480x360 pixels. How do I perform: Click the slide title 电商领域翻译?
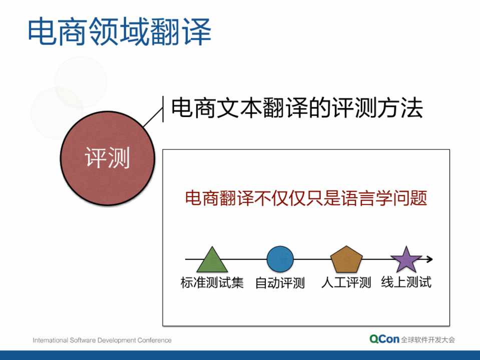pyautogui.click(x=120, y=31)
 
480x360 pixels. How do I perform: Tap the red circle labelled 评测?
pyautogui.click(x=108, y=158)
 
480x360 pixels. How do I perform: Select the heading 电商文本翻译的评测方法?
pyautogui.click(x=297, y=108)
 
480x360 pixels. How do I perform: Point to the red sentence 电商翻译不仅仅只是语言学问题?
pyautogui.click(x=306, y=198)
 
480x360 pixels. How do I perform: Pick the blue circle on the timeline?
pyautogui.click(x=280, y=259)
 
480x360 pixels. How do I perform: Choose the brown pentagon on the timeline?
pyautogui.click(x=346, y=259)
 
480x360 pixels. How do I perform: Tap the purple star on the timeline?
pyautogui.click(x=406, y=259)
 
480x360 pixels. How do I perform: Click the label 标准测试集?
pyautogui.click(x=212, y=282)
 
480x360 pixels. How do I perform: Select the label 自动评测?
pyautogui.click(x=280, y=282)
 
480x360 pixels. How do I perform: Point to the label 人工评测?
pyautogui.click(x=346, y=282)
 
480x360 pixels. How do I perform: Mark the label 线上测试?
pyautogui.click(x=406, y=282)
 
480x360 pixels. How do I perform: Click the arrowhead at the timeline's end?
pyautogui.click(x=430, y=259)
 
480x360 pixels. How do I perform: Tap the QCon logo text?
pyautogui.click(x=384, y=339)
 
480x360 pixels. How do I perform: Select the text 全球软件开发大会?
pyautogui.click(x=428, y=339)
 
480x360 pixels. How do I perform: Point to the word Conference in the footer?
pyautogui.click(x=154, y=340)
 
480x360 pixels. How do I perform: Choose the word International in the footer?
pyautogui.click(x=51, y=340)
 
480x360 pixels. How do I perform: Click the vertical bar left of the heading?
pyautogui.click(x=163, y=109)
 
